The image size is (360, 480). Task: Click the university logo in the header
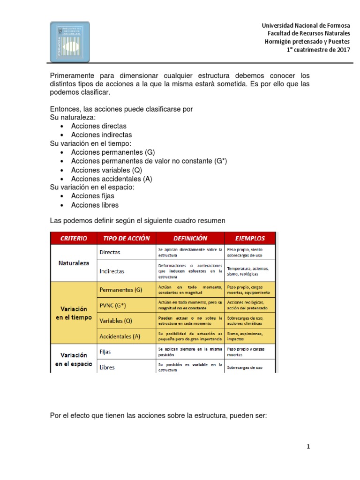coord(70,42)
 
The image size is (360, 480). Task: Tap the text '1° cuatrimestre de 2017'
coord(318,50)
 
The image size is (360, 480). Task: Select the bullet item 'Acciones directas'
coord(98,126)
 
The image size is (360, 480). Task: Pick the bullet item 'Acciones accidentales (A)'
coord(112,179)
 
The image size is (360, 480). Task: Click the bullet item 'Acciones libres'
coord(95,205)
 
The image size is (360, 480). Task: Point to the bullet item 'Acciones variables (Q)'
coord(106,170)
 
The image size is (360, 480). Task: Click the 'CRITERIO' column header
coord(74,238)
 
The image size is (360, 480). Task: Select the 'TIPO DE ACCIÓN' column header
coord(126,238)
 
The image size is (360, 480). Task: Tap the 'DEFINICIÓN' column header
coord(190,238)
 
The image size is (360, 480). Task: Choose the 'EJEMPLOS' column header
coord(250,238)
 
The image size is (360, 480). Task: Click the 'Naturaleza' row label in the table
coord(74,263)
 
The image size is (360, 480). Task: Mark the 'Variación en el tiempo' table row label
coord(74,313)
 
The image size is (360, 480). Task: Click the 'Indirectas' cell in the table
coord(112,271)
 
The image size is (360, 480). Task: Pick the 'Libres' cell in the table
coord(107,367)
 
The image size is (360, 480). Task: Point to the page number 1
coord(308,447)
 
